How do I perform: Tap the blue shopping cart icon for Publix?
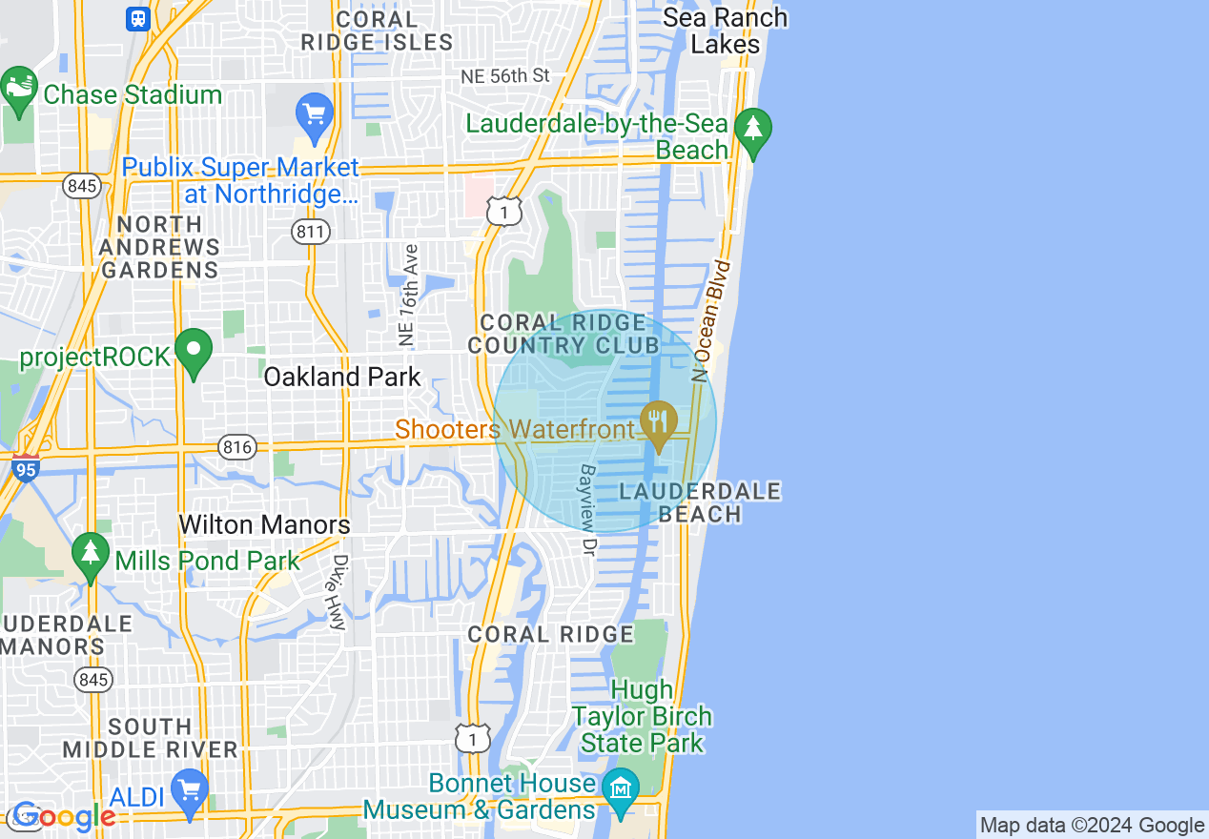314,115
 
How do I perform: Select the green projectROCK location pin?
195,352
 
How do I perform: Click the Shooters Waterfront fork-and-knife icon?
658,420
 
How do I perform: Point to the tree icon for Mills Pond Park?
91,554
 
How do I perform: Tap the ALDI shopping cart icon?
190,790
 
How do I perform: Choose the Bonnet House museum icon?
622,788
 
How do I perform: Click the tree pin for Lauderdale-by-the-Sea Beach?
753,128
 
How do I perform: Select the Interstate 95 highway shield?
27,469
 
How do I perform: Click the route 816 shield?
236,446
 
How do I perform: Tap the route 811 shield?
311,231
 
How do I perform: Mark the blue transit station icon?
138,18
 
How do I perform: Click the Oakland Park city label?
341,377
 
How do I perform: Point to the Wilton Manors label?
264,524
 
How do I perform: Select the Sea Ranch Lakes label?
725,31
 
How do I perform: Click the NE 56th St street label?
505,75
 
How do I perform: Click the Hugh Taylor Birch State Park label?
641,716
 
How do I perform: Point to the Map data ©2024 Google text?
1092,826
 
